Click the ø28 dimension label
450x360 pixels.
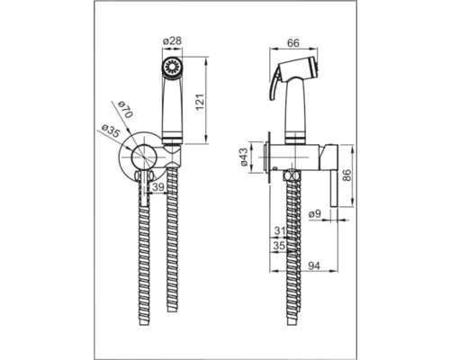pyautogui.click(x=172, y=40)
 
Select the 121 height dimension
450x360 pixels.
pyautogui.click(x=201, y=102)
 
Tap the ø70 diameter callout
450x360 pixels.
pyautogui.click(x=125, y=110)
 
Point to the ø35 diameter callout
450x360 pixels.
pyautogui.click(x=110, y=131)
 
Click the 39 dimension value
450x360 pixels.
pyautogui.click(x=158, y=187)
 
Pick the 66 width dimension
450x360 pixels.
pyautogui.click(x=293, y=43)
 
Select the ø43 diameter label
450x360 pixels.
pyautogui.click(x=243, y=157)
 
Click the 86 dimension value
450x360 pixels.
pyautogui.click(x=346, y=175)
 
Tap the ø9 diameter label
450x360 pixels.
pyautogui.click(x=315, y=214)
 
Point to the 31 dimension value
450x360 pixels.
pyautogui.click(x=280, y=231)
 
